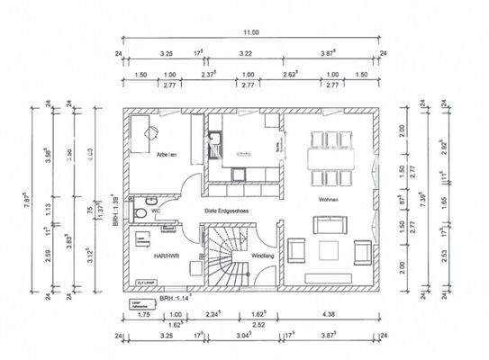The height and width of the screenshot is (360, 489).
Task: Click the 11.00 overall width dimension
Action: [x=250, y=31]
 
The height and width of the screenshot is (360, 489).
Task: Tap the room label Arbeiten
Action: [x=165, y=156]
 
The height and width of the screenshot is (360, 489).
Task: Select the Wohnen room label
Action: [x=327, y=200]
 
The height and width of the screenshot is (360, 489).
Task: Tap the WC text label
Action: [x=156, y=211]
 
